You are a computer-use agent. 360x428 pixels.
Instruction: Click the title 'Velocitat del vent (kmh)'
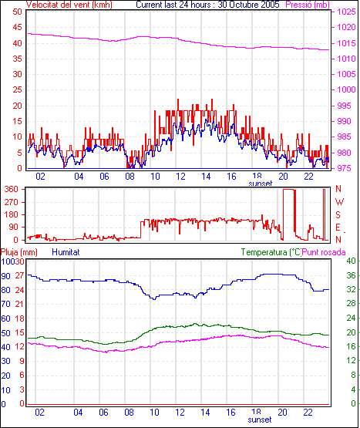click(x=69, y=5)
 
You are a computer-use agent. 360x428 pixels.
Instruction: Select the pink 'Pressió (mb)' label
click(x=308, y=5)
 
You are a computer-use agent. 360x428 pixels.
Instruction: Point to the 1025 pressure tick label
click(x=347, y=12)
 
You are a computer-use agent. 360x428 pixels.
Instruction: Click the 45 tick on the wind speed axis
click(x=17, y=27)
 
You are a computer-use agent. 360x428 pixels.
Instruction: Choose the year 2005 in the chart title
click(x=270, y=5)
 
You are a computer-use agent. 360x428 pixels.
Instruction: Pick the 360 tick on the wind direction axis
click(x=12, y=189)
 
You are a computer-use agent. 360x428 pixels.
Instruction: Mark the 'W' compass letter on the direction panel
click(x=339, y=202)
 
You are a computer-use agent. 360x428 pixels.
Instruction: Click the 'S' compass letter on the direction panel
click(x=338, y=215)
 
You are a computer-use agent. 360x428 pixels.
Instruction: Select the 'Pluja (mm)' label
click(x=19, y=252)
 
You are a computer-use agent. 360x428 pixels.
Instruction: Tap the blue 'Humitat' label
click(x=66, y=252)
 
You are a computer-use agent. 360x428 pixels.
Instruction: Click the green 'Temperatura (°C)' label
click(x=271, y=252)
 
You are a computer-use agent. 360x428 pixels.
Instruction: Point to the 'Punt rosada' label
click(x=324, y=252)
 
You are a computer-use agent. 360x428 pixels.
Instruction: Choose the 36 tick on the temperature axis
click(x=351, y=275)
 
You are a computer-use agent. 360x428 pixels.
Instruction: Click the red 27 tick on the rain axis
click(x=19, y=275)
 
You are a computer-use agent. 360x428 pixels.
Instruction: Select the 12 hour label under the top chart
click(x=180, y=177)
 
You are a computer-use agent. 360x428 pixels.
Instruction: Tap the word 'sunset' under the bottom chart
click(x=260, y=420)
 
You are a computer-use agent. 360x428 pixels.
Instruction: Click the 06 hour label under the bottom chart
click(x=103, y=412)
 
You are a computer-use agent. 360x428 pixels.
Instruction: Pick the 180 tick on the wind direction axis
click(x=12, y=214)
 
